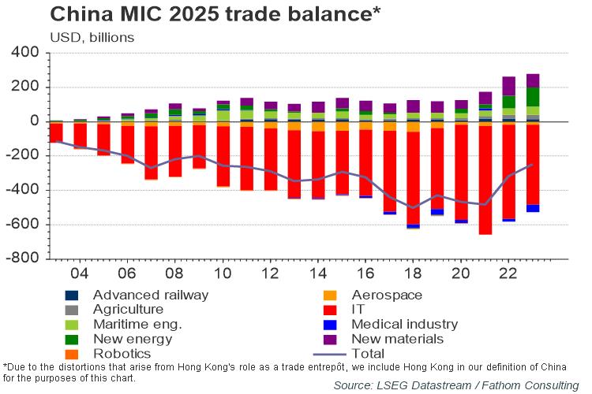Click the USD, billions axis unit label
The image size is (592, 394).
(92, 37)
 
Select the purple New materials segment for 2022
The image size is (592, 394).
(509, 86)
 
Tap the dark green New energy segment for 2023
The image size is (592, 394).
(533, 97)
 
